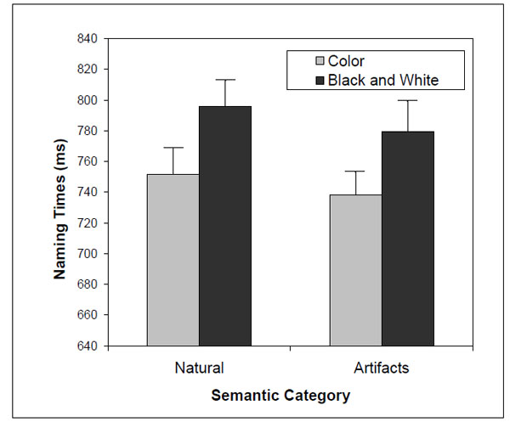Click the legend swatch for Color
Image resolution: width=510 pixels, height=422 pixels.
click(x=320, y=61)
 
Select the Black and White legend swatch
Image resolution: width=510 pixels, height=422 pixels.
click(x=320, y=80)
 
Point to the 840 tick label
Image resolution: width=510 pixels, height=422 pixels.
click(x=88, y=39)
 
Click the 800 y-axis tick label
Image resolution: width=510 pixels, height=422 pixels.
click(x=88, y=100)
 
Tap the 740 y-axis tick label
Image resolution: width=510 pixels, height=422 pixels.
click(x=88, y=193)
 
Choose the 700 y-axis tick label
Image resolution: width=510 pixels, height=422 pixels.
click(x=88, y=254)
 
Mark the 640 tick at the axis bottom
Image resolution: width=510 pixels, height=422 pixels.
click(x=88, y=346)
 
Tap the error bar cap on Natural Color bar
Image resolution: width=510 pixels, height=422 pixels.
click(x=173, y=148)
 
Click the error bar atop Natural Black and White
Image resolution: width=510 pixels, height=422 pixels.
click(x=224, y=80)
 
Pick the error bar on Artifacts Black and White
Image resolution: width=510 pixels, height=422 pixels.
click(x=408, y=101)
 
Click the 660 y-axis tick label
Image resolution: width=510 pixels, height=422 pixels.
click(x=88, y=315)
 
